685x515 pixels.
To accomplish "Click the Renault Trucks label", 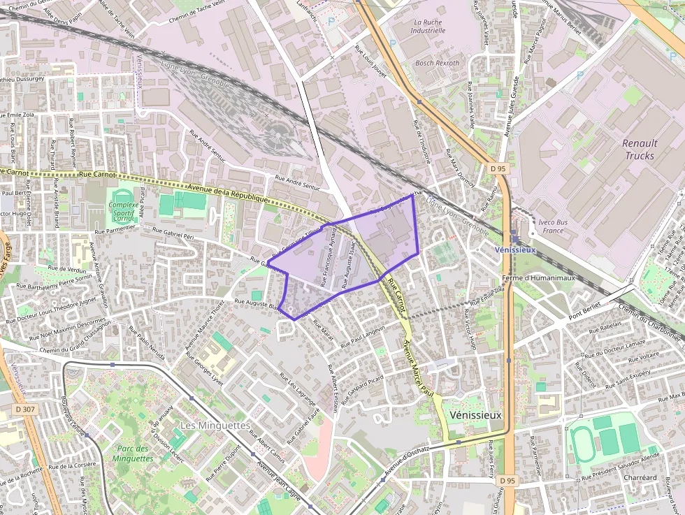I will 640,150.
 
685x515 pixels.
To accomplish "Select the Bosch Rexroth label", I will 438,63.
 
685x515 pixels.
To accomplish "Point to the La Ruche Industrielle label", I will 428,27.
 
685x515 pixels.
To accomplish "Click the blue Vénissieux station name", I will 514,249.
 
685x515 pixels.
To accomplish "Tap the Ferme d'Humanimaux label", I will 542,277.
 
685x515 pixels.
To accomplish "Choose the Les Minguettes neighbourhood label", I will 215,425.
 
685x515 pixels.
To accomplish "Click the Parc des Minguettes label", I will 132,454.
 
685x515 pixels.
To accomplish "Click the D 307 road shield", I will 24,409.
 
